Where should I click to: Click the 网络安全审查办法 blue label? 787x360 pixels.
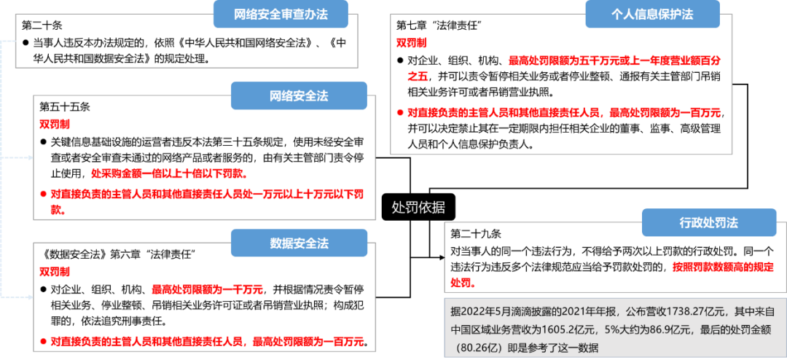point(280,15)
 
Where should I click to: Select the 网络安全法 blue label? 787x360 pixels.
point(299,96)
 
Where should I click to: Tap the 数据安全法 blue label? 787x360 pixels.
point(299,243)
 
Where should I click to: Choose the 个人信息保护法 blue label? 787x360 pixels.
point(651,15)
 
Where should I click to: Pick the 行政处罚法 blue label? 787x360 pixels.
point(699,223)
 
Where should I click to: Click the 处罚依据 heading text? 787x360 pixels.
point(418,208)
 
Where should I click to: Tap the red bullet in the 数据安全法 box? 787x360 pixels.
point(43,341)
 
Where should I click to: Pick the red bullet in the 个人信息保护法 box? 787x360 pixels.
point(399,113)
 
